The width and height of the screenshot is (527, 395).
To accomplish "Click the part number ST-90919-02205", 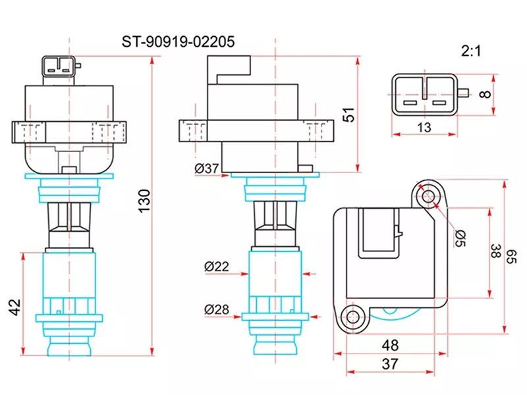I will [x=177, y=42].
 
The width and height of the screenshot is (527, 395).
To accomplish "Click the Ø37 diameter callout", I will [x=206, y=169].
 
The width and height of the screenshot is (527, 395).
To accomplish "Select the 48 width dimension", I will [x=390, y=344].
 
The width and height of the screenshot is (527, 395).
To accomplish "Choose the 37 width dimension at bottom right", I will [x=390, y=363].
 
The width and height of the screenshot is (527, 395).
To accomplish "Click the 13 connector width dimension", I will [x=424, y=128].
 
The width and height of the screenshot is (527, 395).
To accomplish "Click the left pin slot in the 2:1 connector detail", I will [x=410, y=103].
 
